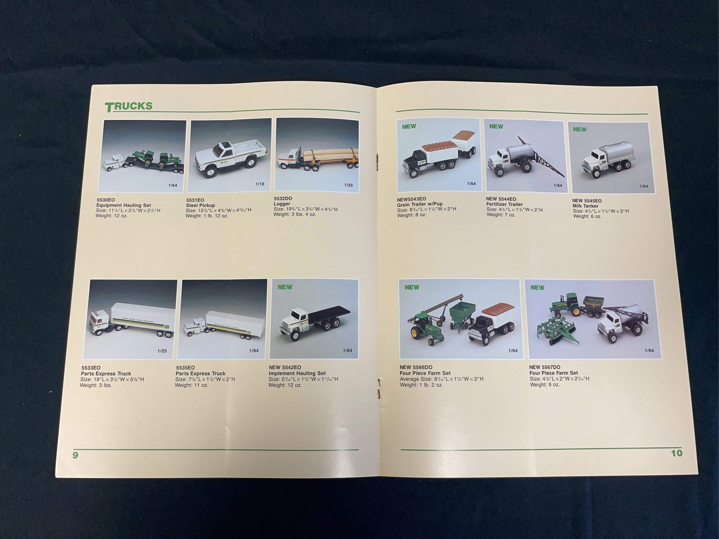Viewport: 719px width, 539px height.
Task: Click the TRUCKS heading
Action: [129, 106]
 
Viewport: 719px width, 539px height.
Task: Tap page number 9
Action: [75, 455]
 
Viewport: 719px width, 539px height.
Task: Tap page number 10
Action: [677, 453]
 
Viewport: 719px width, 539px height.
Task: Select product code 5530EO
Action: [106, 200]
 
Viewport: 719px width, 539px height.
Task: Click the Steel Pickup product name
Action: [200, 205]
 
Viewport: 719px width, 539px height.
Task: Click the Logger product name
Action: [282, 204]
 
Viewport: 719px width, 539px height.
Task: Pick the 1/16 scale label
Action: [260, 184]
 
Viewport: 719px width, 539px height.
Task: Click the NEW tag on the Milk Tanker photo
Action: [580, 129]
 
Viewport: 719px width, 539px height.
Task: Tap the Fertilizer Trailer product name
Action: [504, 204]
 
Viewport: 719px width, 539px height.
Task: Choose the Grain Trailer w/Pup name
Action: [420, 204]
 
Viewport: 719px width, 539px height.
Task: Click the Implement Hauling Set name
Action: [297, 373]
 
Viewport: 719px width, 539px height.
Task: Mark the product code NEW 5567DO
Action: [545, 367]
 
